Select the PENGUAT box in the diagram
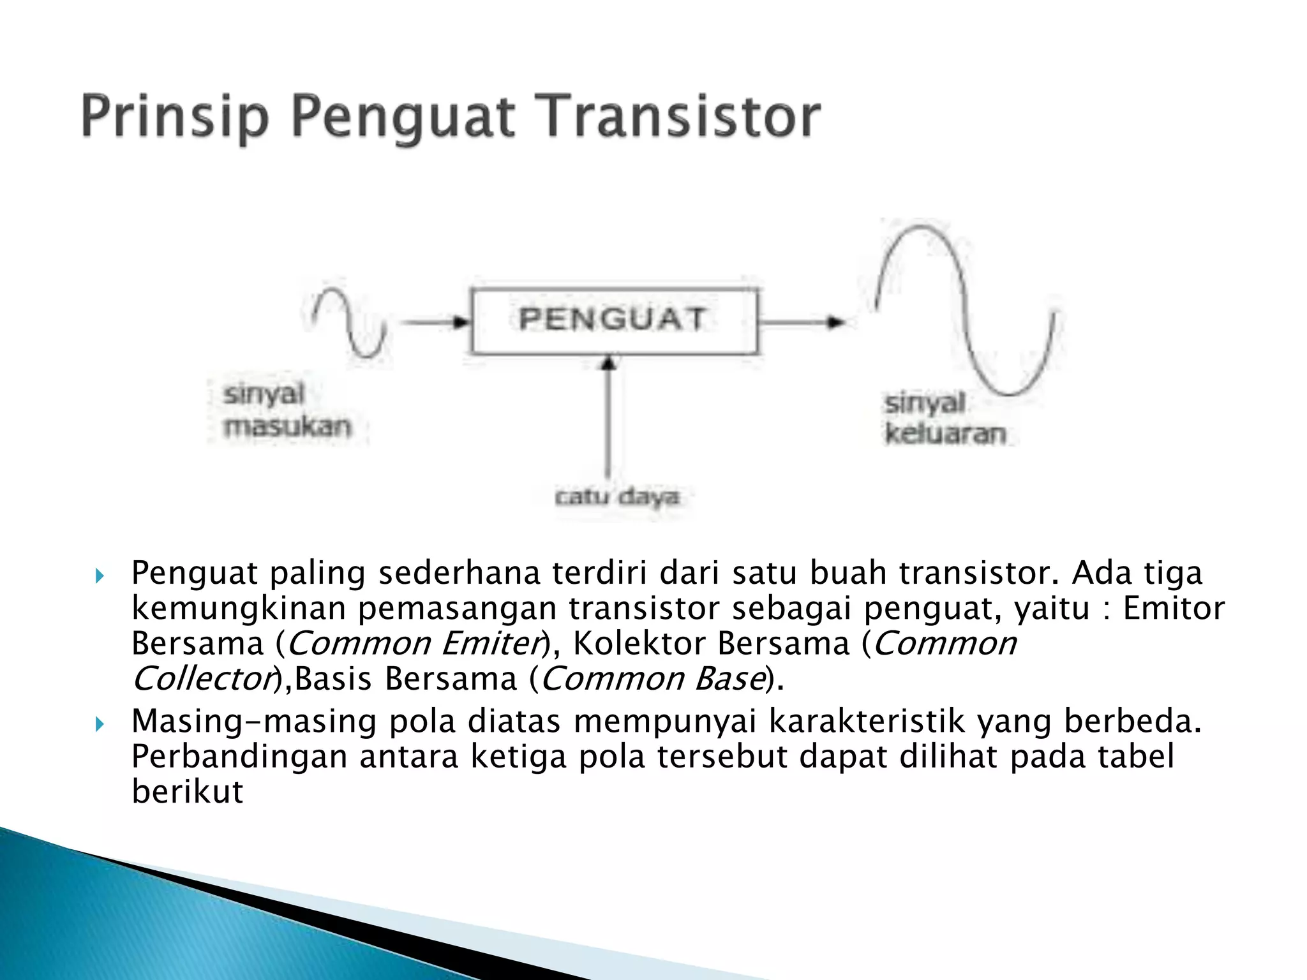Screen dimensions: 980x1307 pos(614,320)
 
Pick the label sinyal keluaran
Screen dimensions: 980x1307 pos(945,419)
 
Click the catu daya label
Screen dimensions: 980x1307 pos(616,497)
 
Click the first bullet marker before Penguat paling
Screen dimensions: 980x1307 pos(100,576)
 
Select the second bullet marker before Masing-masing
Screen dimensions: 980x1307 pos(100,724)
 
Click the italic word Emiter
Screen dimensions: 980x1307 pos(491,643)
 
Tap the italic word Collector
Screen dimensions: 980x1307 pos(202,678)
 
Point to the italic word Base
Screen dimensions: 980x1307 pos(730,678)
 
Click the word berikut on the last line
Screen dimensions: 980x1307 pos(187,792)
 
